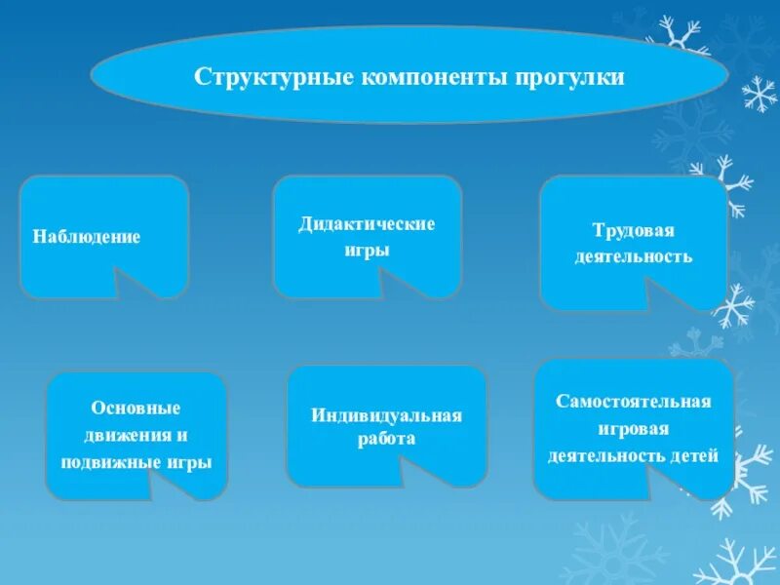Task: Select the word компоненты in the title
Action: click(x=414, y=75)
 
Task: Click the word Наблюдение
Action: click(x=87, y=237)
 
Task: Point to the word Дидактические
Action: click(x=367, y=224)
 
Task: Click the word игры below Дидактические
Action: click(x=367, y=250)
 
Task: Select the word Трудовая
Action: click(x=634, y=230)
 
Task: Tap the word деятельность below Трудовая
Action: click(x=634, y=256)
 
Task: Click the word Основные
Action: click(x=136, y=408)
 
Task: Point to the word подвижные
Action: click(x=102, y=462)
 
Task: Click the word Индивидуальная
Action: click(x=386, y=415)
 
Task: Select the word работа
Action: click(x=386, y=439)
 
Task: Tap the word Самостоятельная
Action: click(x=634, y=402)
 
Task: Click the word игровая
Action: click(x=634, y=429)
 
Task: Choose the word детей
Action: click(x=694, y=455)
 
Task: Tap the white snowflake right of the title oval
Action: click(x=760, y=94)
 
